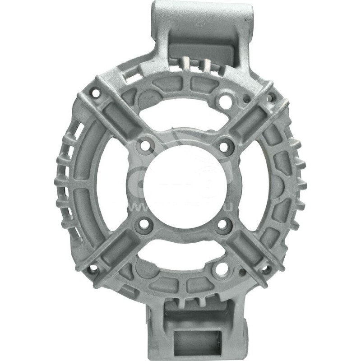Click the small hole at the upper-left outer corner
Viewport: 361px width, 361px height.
click(96, 93)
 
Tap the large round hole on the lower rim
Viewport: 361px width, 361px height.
click(222, 269)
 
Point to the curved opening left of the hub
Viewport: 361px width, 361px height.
click(113, 185)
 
